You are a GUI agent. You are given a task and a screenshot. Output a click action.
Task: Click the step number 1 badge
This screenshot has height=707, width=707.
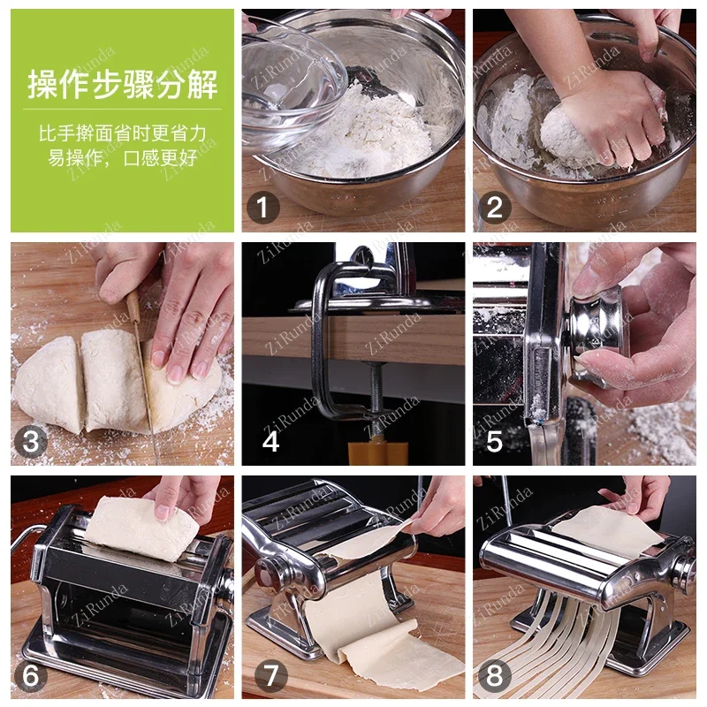tap(262, 208)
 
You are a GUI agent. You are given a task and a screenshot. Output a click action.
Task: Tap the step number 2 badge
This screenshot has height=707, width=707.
tap(494, 208)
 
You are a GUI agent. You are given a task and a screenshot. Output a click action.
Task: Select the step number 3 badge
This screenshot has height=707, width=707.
tap(31, 441)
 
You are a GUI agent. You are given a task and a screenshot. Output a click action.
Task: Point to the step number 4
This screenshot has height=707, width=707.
tap(270, 440)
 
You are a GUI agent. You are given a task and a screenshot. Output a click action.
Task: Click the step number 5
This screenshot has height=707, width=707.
tap(494, 440)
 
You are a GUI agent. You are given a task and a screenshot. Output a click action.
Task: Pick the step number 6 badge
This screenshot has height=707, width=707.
tap(31, 675)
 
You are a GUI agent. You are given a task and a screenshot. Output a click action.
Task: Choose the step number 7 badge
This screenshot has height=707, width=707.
tap(270, 675)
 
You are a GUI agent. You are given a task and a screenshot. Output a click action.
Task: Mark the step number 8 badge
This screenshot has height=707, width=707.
tap(494, 675)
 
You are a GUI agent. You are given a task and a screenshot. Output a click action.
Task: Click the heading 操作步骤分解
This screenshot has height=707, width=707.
tap(123, 84)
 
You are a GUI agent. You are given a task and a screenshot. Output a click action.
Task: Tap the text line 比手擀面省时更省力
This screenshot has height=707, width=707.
tap(123, 133)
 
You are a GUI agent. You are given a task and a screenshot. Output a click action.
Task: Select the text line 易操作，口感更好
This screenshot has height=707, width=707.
tap(123, 158)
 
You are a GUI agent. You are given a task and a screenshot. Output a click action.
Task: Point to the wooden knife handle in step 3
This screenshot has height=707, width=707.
tap(134, 308)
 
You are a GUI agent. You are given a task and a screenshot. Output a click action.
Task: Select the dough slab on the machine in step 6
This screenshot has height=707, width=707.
tap(142, 528)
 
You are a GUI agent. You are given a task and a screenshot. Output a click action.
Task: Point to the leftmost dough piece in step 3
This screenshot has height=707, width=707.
tap(49, 384)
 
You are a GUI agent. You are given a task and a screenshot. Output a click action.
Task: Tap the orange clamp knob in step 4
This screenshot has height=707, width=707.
tap(378, 452)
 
